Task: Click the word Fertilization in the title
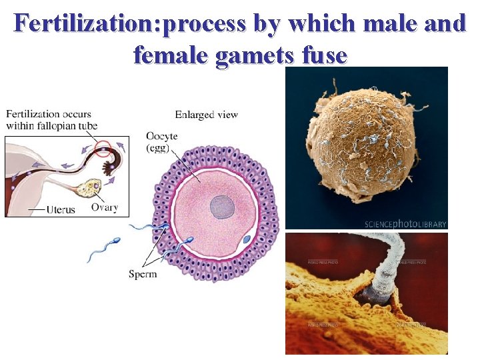tap(87, 24)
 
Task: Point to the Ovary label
tap(104, 207)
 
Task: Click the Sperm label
tap(143, 274)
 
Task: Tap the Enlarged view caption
tap(206, 115)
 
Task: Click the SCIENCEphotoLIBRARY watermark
tap(405, 224)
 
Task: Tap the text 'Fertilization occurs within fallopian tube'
tap(52, 120)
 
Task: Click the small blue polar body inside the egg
tap(247, 239)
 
